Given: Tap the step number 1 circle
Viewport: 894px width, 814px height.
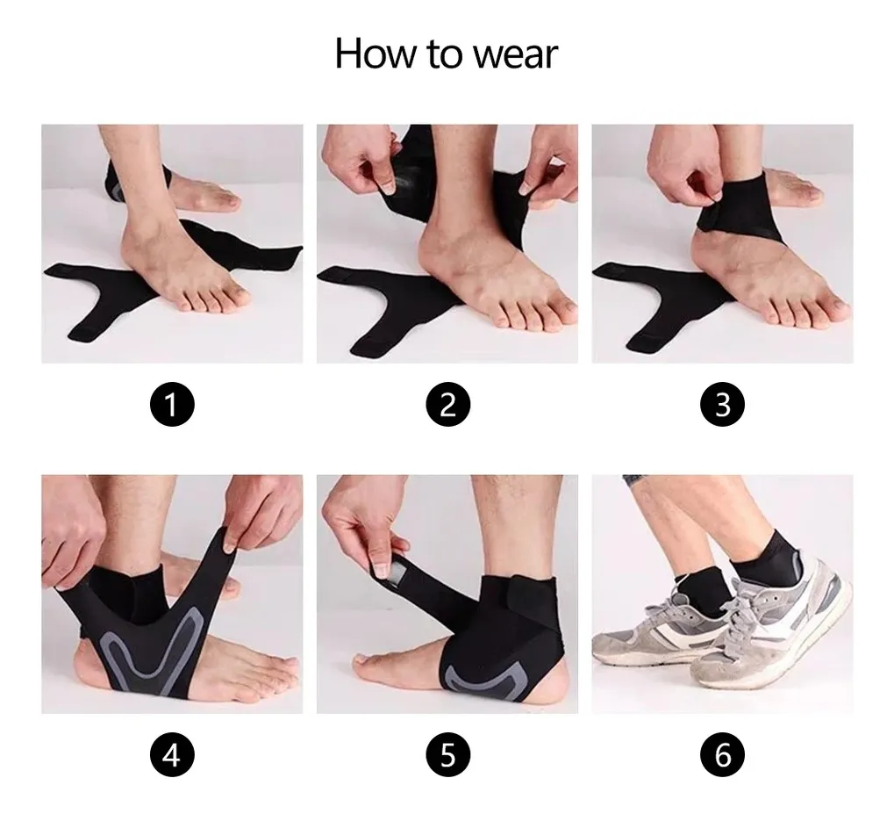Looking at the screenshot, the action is [172, 404].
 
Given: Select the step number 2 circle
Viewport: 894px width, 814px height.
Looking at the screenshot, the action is [447, 404].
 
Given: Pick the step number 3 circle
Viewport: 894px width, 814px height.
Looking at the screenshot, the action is [722, 404].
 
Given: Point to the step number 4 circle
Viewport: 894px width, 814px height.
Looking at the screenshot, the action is [172, 754].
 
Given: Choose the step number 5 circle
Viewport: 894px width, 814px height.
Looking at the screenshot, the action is [447, 754].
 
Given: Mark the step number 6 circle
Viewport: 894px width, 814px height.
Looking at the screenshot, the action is [722, 754].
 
